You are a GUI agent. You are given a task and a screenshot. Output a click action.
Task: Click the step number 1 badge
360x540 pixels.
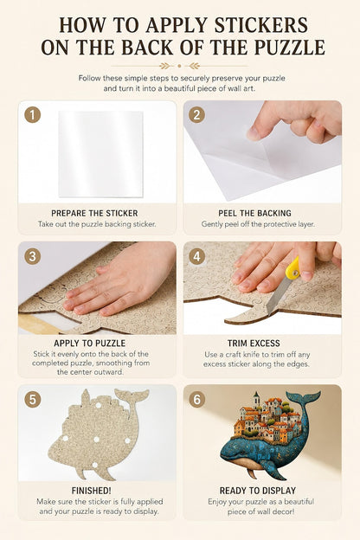[33, 115]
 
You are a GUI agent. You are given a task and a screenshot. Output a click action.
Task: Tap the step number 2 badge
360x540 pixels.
[196, 115]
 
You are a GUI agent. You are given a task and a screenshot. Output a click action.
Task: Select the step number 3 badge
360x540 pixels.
[33, 256]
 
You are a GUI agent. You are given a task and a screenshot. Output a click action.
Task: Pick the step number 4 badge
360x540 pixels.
[196, 256]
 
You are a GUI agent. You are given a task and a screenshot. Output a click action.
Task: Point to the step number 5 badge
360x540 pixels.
[33, 400]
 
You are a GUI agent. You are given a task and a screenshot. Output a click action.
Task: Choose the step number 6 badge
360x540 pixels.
[196, 400]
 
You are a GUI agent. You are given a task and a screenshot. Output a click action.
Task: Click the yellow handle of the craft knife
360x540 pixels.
[292, 268]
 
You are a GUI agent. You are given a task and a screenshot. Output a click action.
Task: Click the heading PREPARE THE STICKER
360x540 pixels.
[94, 214]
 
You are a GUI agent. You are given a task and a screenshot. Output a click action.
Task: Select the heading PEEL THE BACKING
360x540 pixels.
[254, 214]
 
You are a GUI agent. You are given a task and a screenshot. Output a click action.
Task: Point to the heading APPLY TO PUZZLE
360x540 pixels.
[90, 344]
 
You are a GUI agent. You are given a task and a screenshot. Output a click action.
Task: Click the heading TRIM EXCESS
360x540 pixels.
[254, 344]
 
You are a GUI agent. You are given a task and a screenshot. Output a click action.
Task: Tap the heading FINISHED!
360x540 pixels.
[91, 491]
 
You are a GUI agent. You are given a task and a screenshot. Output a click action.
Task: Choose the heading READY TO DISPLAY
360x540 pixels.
[258, 491]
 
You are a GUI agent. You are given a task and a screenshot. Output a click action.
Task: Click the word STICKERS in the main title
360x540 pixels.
[261, 25]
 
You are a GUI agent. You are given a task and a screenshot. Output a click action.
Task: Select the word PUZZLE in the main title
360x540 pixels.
[290, 48]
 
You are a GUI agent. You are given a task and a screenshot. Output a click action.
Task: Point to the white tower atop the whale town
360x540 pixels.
[256, 400]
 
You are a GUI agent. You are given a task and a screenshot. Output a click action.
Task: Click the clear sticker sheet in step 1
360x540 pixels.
[100, 154]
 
